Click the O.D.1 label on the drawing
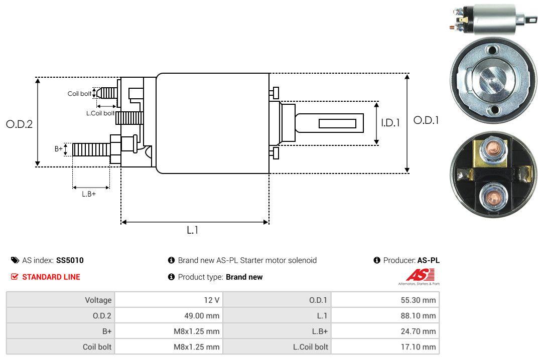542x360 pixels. pos(426,120)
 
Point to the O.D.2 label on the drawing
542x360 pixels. pos(20,124)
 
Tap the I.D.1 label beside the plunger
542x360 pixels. pos(390,123)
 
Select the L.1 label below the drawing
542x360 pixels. pos(193,230)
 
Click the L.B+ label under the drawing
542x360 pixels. pos(89,194)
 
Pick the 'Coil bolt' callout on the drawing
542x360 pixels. pos(79,94)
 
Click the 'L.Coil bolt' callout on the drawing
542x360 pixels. pos(100,113)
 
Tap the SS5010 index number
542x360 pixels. pos(70,261)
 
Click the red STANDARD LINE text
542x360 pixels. pos(51,277)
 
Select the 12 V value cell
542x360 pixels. pos(169,300)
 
